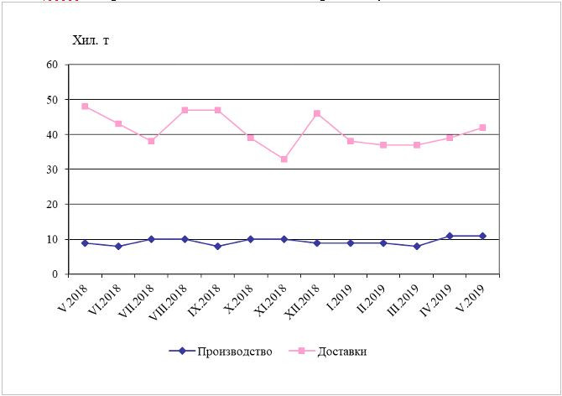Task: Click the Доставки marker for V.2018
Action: click(x=85, y=107)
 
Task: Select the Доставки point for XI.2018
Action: click(x=284, y=159)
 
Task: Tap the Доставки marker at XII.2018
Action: click(x=317, y=113)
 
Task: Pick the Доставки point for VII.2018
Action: click(x=151, y=141)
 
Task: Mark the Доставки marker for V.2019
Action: click(x=483, y=128)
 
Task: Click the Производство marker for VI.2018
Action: click(x=118, y=246)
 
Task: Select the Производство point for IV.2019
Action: click(x=450, y=236)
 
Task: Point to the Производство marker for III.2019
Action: click(x=417, y=246)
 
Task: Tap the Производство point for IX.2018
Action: click(x=217, y=246)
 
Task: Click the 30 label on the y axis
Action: click(x=51, y=169)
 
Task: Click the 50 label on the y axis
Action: click(x=51, y=100)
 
